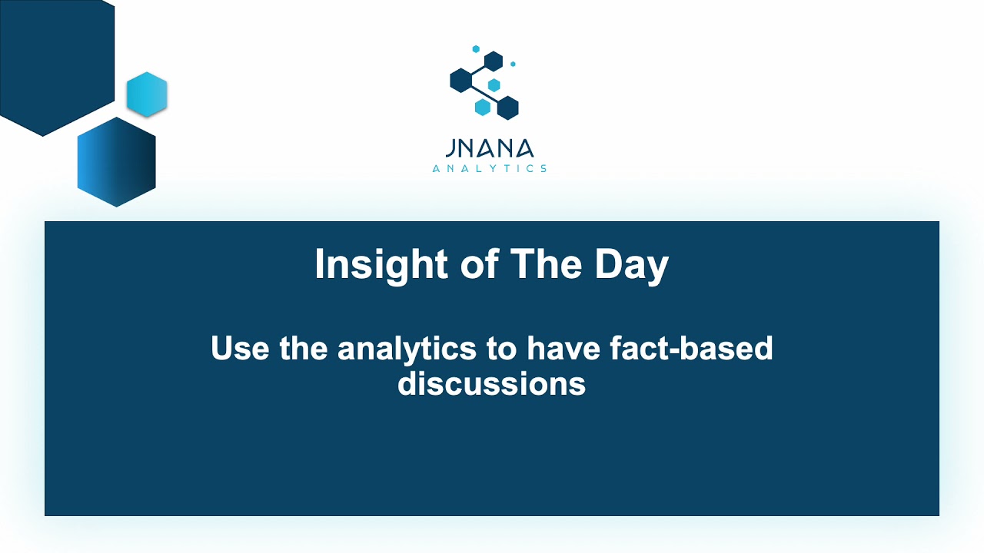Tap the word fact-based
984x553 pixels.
(x=690, y=349)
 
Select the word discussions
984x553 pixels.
(x=492, y=383)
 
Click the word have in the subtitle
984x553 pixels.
(x=563, y=349)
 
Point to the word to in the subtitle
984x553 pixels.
(x=500, y=349)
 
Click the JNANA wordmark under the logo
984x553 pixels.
(x=489, y=148)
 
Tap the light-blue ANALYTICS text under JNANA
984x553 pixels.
(x=489, y=168)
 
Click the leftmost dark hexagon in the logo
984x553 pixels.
(x=460, y=80)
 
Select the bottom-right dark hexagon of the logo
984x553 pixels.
(x=507, y=108)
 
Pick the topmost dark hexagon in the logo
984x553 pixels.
(x=494, y=61)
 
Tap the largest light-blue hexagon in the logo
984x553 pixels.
(x=482, y=107)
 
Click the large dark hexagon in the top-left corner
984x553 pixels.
(x=50, y=61)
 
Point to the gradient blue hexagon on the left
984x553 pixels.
(x=116, y=162)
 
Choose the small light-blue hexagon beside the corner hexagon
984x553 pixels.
(x=147, y=94)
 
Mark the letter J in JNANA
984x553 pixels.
(x=449, y=148)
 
